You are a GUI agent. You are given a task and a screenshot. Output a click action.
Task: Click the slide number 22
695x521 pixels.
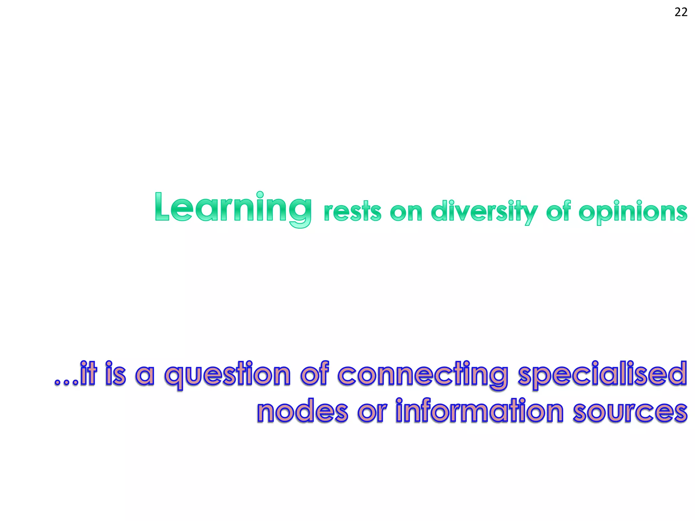681,13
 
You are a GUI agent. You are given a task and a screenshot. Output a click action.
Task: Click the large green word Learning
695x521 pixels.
233,208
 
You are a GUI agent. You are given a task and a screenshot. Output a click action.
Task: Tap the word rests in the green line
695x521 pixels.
352,212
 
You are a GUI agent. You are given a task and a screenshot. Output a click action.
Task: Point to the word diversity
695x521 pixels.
484,212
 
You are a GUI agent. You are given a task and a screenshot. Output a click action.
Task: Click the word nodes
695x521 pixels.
302,411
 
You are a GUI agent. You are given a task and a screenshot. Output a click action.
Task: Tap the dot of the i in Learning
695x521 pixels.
260,195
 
